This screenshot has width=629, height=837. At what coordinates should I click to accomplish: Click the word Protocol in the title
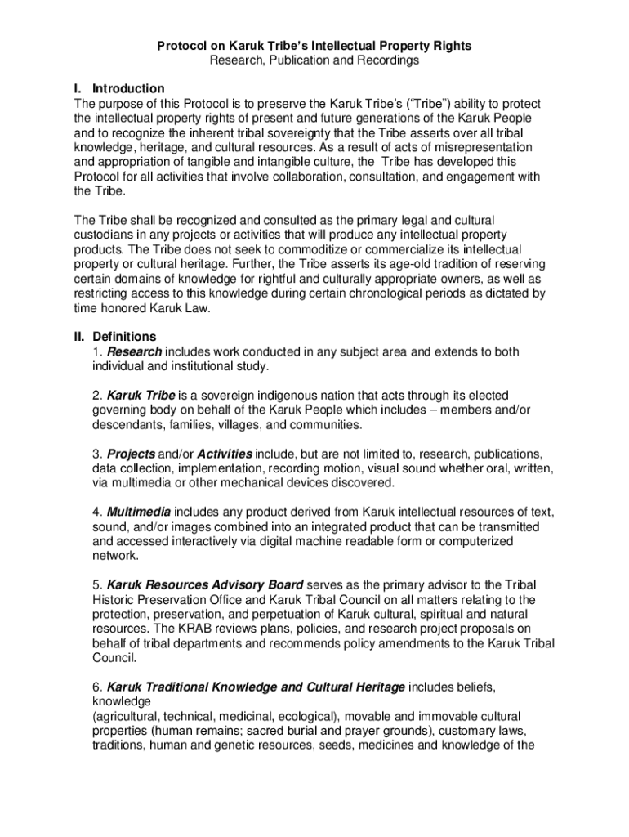pos(181,47)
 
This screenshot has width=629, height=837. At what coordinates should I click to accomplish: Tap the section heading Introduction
pos(128,88)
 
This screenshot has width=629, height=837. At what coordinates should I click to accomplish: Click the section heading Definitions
pos(124,337)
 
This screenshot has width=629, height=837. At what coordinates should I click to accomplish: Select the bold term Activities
pos(225,454)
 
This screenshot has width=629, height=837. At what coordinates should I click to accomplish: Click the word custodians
pos(104,235)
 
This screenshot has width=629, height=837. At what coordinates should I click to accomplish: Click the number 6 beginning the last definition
pos(96,687)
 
